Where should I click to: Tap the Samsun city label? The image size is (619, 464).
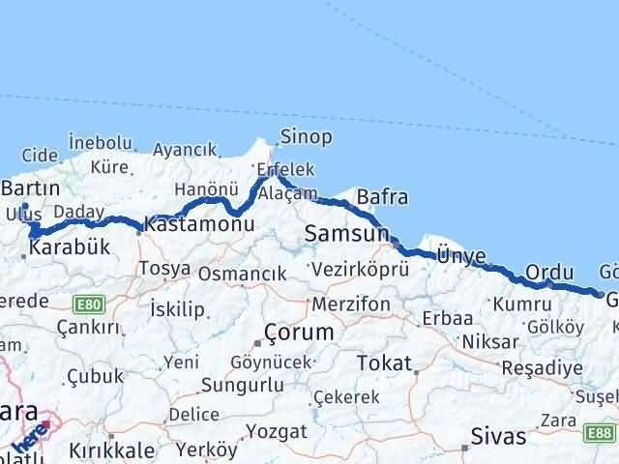click(345, 234)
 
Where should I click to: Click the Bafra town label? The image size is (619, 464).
click(382, 198)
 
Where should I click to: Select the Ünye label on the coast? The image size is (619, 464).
click(460, 255)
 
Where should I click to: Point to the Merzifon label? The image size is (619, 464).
click(351, 304)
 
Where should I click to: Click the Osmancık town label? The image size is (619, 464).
click(243, 274)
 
